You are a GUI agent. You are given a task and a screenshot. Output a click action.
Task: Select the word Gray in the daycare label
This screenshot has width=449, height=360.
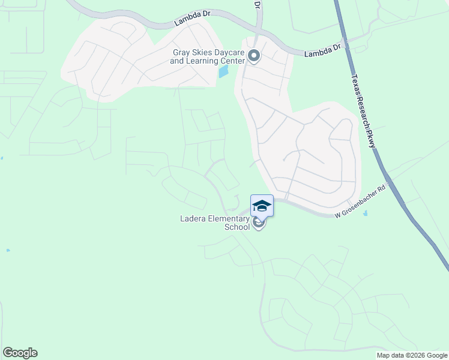pos(182,52)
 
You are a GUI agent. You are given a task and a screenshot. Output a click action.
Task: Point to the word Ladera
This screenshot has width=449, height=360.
pos(194,218)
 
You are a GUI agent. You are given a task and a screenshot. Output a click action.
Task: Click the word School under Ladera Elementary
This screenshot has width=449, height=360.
pos(237,227)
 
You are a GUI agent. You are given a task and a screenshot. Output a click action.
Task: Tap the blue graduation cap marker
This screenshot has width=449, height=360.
pos(262,206)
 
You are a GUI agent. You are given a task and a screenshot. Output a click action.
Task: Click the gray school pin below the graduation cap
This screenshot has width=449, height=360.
pos(259,223)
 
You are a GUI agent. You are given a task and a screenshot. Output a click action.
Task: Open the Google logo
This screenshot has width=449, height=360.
pos(20,353)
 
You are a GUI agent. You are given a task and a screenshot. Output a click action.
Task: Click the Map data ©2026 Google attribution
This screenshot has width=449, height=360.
pos(412,355)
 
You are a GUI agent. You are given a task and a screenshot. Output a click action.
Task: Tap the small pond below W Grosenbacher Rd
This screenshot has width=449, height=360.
pos(366,213)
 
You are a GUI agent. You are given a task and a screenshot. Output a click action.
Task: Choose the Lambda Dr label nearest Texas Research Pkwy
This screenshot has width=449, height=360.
pos(322,50)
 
